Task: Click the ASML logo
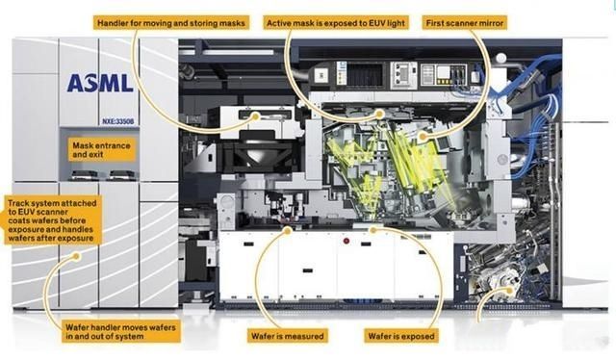coord(100,83)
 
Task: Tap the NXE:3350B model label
coord(117,121)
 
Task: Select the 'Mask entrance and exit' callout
coord(101,150)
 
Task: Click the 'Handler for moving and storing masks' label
coord(171,23)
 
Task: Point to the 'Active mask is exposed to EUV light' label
coord(336,23)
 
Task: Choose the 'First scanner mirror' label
coord(465,23)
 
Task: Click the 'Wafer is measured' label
coord(288,336)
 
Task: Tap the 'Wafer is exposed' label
coord(401,336)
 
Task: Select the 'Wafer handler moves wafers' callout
coord(120,332)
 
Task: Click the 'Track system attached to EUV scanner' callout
coord(51,220)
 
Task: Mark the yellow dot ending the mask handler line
coord(256,116)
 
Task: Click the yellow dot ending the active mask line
coord(380,114)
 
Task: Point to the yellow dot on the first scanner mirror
coord(423,137)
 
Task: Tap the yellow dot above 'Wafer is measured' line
coord(288,230)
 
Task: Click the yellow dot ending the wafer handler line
coord(77,257)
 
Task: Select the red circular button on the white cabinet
coord(346,241)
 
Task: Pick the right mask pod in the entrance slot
coord(122,175)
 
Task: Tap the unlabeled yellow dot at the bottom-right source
coord(510,291)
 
